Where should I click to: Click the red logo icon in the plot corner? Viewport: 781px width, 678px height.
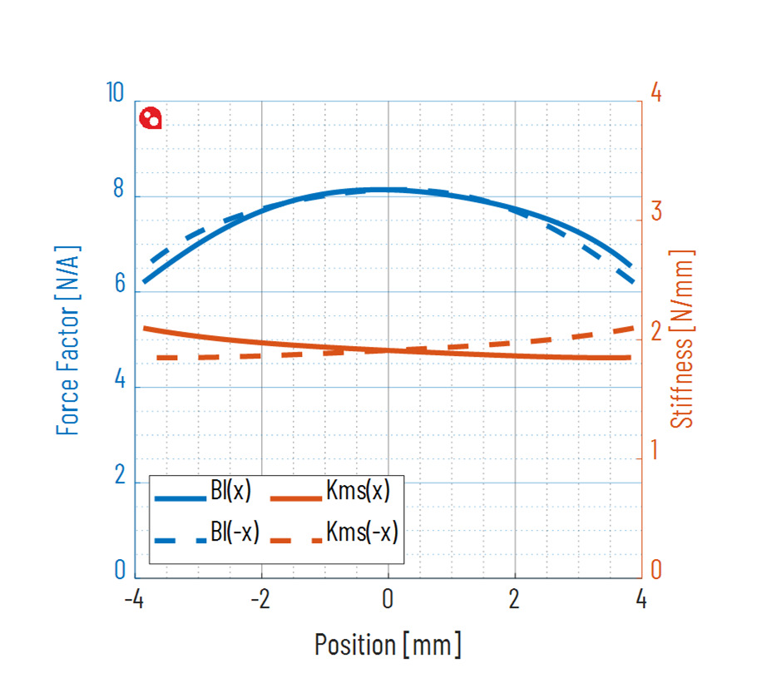(151, 118)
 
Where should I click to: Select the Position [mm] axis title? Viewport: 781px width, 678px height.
(388, 644)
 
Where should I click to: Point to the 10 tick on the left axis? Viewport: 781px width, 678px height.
(116, 92)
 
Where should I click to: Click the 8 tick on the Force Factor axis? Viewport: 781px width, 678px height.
(118, 191)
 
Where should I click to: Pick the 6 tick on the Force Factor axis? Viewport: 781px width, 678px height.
(118, 285)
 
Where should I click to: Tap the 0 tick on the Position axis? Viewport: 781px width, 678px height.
(388, 599)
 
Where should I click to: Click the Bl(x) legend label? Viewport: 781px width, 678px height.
(230, 492)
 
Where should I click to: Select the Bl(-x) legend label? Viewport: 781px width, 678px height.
(235, 532)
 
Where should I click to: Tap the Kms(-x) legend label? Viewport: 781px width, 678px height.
(363, 532)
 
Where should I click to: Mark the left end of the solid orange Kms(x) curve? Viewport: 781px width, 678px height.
(145, 328)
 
